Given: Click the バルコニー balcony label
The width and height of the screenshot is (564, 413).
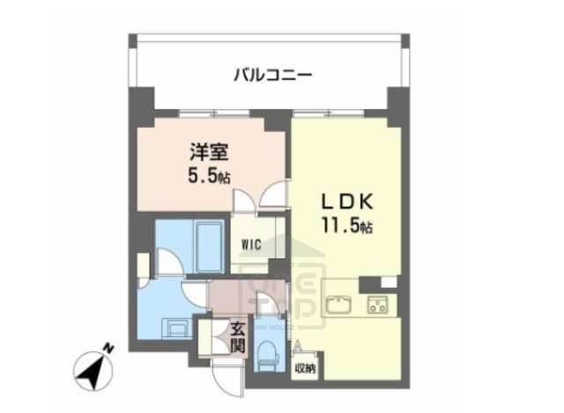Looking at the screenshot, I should pos(272,75).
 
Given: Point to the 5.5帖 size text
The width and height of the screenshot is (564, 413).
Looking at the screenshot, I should pos(208,174).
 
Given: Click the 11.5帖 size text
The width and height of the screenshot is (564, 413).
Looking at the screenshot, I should pos(345,225).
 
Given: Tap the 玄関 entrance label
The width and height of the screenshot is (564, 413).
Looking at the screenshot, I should pos(237,337).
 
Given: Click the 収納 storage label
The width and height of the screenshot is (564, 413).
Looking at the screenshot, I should pos(304,366).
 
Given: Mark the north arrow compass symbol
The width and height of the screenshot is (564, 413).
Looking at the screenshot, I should pos(92,367).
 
